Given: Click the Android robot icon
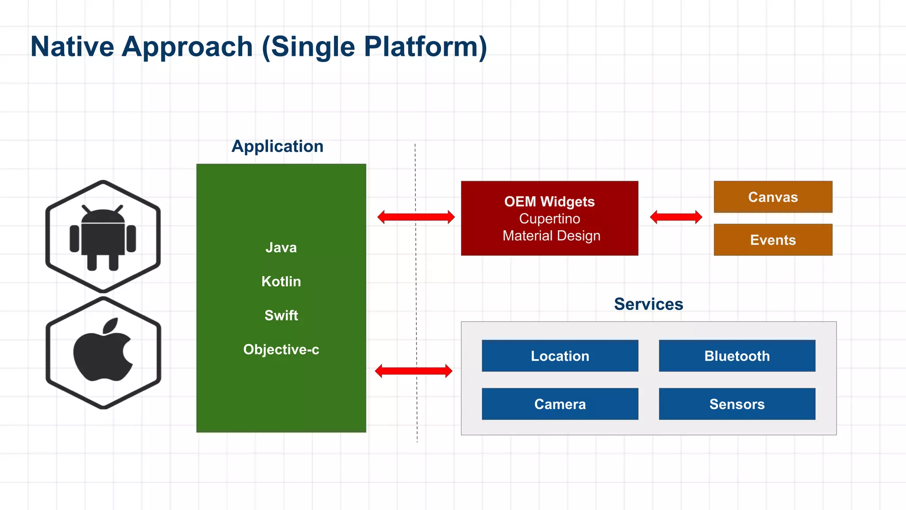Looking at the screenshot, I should pos(103,237).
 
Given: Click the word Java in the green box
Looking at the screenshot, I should pos(281,247).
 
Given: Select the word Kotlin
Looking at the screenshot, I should pos(281,282).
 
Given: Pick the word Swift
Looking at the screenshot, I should pos(281,315).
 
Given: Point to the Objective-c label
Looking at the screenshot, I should pos(281,349).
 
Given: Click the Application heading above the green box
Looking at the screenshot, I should pos(277,146).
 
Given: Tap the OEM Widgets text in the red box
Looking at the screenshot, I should pos(549,201).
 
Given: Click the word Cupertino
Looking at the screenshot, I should pos(549,219).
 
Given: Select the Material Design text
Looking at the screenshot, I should pos(551,236).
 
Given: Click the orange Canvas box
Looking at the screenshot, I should pos(773,197).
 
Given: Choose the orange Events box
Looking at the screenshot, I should pos(773,240).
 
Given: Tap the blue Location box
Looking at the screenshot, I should pos(560,355).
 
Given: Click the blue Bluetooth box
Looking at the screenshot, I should pos(737,355).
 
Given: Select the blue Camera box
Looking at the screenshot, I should pos(560,404).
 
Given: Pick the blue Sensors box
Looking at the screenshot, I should pos(737,404).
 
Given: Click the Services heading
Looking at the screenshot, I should pos(648,304).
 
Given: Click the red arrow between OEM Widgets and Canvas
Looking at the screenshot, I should pos(676,217).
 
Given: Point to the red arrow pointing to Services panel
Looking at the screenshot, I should pos(414,371).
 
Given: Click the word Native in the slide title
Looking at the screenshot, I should pos(72,46).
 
